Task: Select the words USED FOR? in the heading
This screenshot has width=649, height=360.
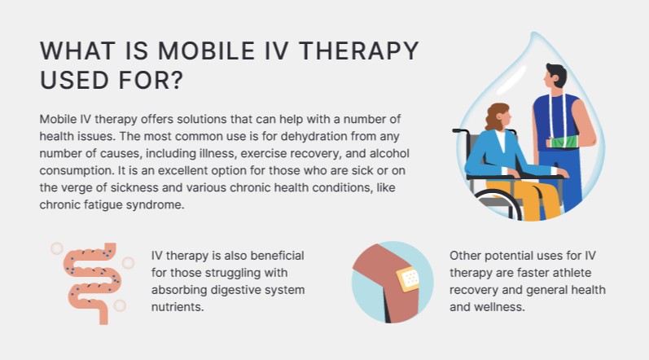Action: click(112, 82)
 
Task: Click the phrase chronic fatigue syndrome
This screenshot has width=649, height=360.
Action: click(112, 204)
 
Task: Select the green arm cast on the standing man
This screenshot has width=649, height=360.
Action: click(564, 143)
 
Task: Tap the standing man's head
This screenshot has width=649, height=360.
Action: click(557, 78)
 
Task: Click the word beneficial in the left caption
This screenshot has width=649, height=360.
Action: click(267, 256)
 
